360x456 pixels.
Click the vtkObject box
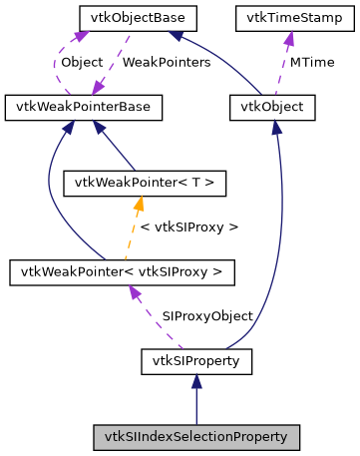pyautogui.click(x=272, y=105)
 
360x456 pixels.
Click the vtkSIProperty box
pyautogui.click(x=195, y=358)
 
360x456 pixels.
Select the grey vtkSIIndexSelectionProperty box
pyautogui.click(x=195, y=436)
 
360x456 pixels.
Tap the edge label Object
pyautogui.click(x=81, y=62)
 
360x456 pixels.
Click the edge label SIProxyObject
pyautogui.click(x=207, y=315)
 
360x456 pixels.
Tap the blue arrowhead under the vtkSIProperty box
pyautogui.click(x=195, y=380)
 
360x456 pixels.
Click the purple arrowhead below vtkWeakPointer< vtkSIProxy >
pyautogui.click(x=131, y=290)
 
